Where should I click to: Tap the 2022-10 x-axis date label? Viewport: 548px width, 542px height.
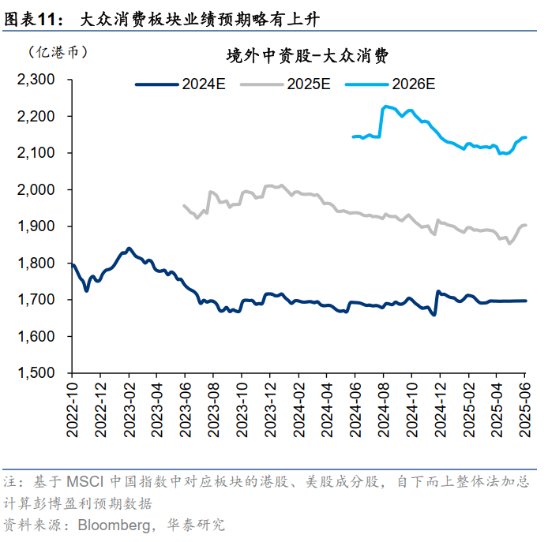(72, 407)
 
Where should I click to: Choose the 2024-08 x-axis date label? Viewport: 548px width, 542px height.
(384, 407)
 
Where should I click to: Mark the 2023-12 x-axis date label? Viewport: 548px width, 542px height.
(270, 407)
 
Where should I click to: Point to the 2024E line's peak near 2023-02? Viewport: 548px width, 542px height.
(129, 248)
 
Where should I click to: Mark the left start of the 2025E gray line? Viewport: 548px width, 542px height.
(183, 205)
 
